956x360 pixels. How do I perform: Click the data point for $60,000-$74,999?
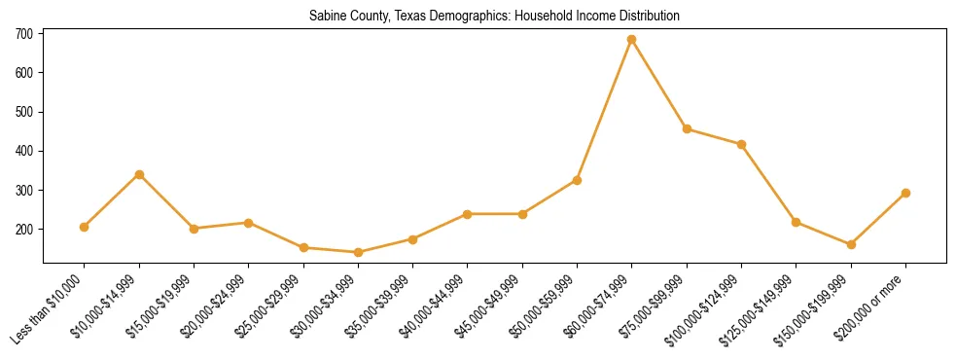[x=632, y=40]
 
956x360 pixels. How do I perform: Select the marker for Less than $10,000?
[x=85, y=227]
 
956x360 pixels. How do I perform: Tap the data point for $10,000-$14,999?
[x=139, y=174]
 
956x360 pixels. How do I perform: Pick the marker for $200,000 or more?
[x=905, y=193]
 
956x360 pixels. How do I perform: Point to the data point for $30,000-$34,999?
[x=358, y=252]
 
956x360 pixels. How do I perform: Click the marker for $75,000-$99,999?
[x=687, y=128]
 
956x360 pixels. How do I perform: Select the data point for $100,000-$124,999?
[x=741, y=144]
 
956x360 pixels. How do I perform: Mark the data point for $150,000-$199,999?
[x=851, y=244]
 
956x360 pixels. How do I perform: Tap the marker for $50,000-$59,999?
[x=578, y=180]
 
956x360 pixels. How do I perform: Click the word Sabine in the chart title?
[x=327, y=17]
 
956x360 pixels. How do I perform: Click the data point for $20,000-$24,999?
[x=249, y=223]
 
